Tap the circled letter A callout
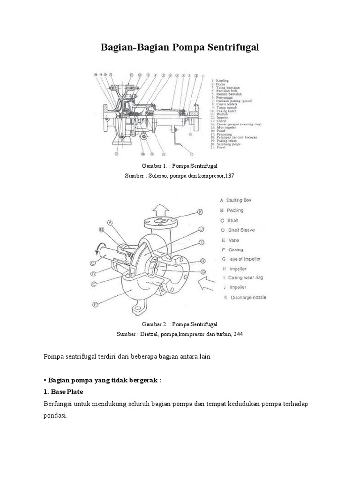coord(111,223)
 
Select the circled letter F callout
coord(95,304)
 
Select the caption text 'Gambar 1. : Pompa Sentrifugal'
coord(180,166)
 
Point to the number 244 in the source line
coord(238,334)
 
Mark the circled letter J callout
coord(201,229)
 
